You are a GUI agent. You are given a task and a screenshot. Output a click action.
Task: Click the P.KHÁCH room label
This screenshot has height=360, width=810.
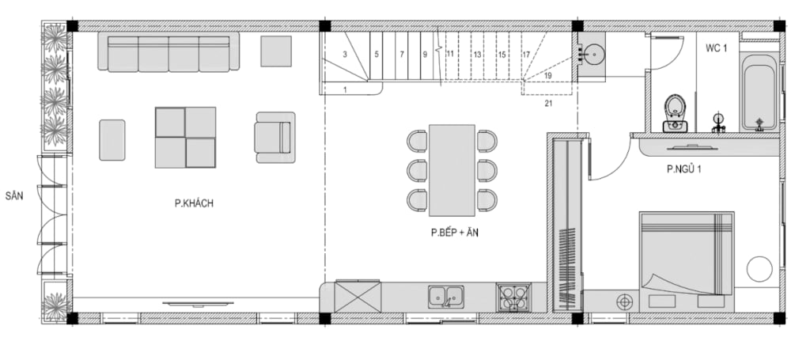pos(194,203)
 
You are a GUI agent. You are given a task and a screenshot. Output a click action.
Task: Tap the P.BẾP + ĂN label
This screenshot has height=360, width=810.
pos(455,233)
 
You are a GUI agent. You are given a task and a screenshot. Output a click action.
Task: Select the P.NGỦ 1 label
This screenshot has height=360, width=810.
pos(683,169)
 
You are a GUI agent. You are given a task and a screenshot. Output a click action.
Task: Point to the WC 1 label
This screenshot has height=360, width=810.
pos(717,48)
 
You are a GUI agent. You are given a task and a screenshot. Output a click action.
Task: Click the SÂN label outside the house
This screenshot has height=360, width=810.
pos(14,196)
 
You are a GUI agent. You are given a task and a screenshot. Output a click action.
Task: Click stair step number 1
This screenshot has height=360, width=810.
pos(345,90)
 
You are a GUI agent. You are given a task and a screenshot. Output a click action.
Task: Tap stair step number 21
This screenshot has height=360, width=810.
pos(548,104)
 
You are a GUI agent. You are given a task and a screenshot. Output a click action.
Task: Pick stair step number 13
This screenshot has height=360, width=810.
pos(477,54)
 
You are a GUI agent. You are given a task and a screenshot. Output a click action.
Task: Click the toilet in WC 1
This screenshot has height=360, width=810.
pos(675,113)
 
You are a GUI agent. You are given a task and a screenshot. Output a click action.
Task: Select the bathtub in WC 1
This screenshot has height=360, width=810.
pos(759,92)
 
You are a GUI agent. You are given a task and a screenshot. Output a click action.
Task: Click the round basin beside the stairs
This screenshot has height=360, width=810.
pos(594,52)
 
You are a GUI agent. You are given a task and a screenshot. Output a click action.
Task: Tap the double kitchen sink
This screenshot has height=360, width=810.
pos(446,297)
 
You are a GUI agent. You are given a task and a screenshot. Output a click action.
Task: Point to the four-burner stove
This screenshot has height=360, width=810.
pos(513,297)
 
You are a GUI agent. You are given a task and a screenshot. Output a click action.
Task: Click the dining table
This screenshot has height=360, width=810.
pos(452,170)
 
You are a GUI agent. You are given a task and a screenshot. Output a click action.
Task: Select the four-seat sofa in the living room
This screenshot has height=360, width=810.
pos(169,51)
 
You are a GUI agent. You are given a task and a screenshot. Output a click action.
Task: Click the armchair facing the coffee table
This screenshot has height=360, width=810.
pos(274,138)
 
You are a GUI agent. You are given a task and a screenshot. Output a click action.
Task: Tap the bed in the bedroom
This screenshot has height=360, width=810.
pos(687,261)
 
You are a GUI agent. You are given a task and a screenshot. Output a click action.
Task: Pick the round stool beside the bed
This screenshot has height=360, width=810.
pos(759,269)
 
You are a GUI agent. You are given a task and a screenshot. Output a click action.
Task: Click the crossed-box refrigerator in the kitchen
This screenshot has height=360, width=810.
pos(358,297)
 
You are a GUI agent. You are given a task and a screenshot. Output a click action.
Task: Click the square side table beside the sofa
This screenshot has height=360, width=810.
pos(276,51)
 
